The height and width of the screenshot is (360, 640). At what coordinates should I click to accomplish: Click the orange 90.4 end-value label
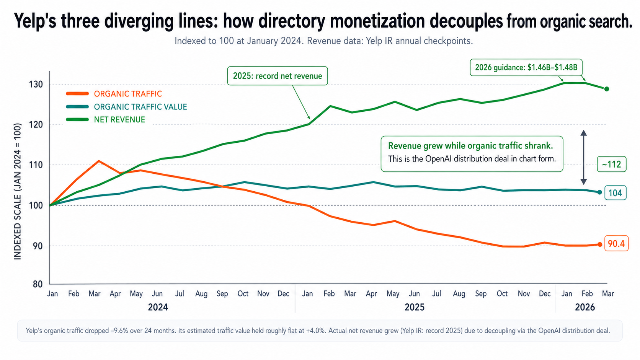616,244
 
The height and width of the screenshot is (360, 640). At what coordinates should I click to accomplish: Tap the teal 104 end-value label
615,193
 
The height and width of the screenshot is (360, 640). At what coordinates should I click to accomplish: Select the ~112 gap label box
611,164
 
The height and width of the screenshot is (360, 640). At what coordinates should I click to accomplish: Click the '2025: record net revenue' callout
278,76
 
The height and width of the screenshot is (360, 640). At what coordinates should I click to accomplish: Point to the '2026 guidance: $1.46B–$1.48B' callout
526,67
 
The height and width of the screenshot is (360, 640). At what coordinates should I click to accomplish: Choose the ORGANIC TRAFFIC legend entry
128,94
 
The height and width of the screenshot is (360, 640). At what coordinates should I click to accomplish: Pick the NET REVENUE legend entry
119,120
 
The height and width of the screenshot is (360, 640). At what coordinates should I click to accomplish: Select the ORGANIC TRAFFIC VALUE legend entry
140,107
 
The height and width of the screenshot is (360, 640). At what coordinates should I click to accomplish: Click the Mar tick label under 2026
608,293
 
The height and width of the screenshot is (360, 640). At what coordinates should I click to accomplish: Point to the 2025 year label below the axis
415,307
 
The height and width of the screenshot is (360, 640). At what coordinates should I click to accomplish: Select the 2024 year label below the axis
158,307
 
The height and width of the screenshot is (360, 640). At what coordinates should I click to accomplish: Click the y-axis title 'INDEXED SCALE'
18,191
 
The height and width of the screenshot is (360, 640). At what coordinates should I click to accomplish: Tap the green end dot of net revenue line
607,89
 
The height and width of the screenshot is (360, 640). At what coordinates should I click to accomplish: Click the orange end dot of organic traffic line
600,244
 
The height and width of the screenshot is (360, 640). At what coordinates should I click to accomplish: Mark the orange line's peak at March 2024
99,161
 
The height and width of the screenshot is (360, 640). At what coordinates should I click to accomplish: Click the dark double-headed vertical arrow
583,157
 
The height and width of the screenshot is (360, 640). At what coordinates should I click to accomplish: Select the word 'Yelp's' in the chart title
35,21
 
